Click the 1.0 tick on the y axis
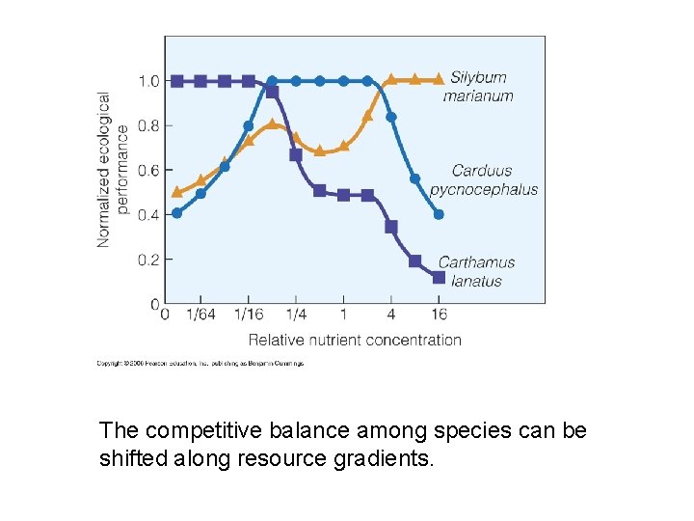pyautogui.click(x=148, y=81)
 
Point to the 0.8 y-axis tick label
pyautogui.click(x=148, y=125)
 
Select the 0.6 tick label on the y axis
pyautogui.click(x=148, y=171)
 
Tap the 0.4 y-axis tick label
pyautogui.click(x=148, y=215)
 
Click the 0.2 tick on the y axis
pyautogui.click(x=148, y=260)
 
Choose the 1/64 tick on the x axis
pyautogui.click(x=200, y=315)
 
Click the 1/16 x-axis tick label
pyautogui.click(x=248, y=315)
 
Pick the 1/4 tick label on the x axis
pyautogui.click(x=296, y=315)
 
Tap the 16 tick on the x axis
pyautogui.click(x=439, y=315)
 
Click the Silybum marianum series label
pyautogui.click(x=478, y=86)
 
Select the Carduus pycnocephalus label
pyautogui.click(x=484, y=179)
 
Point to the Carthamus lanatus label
pyautogui.click(x=476, y=271)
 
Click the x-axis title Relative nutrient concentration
pyautogui.click(x=355, y=340)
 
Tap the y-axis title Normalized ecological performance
pyautogui.click(x=113, y=169)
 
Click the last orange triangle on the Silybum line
pyautogui.click(x=439, y=79)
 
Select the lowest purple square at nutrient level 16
pyautogui.click(x=439, y=278)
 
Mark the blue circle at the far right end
pyautogui.click(x=439, y=214)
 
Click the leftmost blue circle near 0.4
pyautogui.click(x=176, y=213)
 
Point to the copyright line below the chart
pyautogui.click(x=200, y=364)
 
